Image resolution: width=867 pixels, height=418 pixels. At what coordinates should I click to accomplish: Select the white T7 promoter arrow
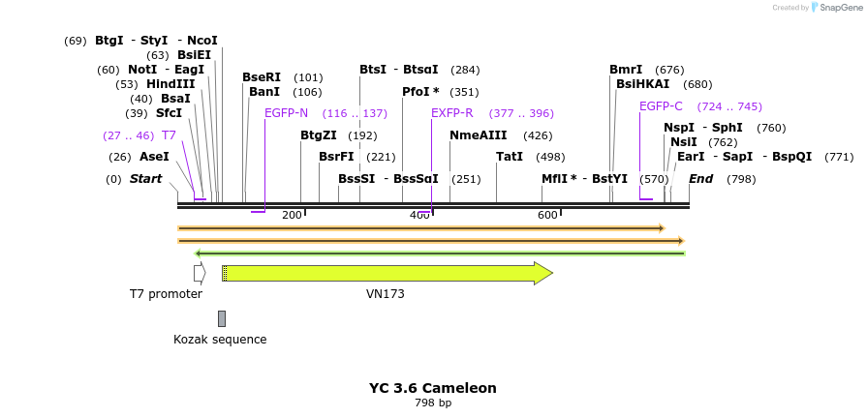(200, 274)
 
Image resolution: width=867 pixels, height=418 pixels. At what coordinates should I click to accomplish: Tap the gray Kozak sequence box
(222, 318)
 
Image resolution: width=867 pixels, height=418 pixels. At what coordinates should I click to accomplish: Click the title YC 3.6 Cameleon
(432, 388)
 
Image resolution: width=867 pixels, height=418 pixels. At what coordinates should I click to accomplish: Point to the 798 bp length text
(433, 403)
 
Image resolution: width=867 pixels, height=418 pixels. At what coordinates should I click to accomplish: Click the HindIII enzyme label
(170, 84)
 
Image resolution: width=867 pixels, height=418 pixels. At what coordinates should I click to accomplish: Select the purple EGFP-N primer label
(286, 113)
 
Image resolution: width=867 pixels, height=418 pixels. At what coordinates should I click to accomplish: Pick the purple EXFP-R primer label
(451, 113)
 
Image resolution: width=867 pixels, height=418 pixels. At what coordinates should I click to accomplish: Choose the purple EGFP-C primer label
(661, 106)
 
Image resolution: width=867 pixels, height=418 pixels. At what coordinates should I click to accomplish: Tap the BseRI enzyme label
(262, 77)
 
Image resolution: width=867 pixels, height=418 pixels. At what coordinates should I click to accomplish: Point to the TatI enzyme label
(510, 157)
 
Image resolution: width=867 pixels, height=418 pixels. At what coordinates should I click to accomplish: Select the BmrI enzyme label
(626, 70)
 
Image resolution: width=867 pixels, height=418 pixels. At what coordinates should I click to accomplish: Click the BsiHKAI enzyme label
(642, 84)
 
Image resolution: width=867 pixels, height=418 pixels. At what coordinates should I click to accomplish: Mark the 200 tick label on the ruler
(292, 215)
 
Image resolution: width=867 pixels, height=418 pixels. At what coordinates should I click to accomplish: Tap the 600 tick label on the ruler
(547, 215)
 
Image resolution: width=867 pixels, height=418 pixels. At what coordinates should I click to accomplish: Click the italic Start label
(145, 179)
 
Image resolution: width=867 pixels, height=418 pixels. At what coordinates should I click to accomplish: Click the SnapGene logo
(840, 8)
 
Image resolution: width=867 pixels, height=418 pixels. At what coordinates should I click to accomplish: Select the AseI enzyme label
(154, 157)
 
